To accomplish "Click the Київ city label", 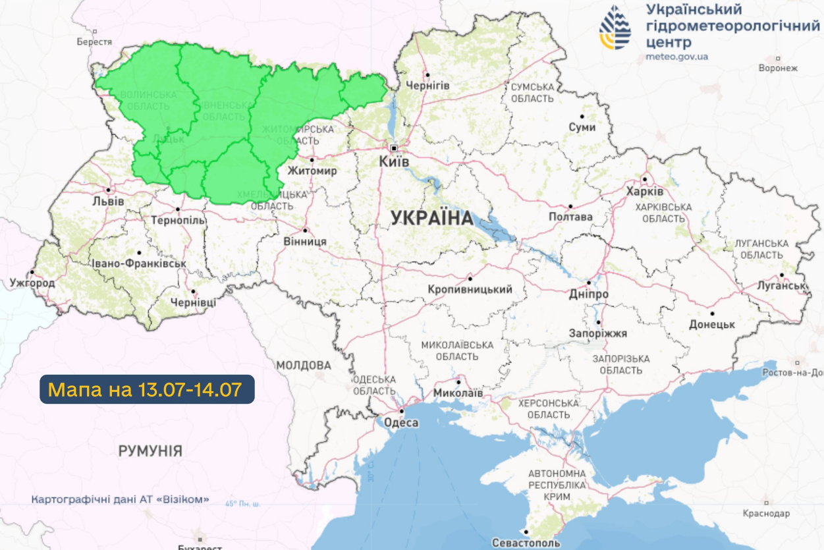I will [x=394, y=161].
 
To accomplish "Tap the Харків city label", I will [x=645, y=192].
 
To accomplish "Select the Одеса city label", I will [x=400, y=422].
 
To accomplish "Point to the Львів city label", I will [x=108, y=201].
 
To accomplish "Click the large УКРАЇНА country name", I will [x=432, y=218].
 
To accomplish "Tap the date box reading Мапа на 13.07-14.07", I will [x=147, y=389].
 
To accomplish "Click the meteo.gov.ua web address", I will [x=676, y=57].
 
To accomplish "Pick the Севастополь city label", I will [x=526, y=543].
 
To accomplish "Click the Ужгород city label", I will [x=32, y=283].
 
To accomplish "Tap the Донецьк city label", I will [x=711, y=325].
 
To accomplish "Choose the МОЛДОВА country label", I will [x=303, y=365].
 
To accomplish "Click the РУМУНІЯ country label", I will [x=150, y=451].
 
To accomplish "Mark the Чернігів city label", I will [x=427, y=86].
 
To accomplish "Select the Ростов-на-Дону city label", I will [x=792, y=373].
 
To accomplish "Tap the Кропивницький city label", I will [x=470, y=289].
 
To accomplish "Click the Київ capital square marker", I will [x=394, y=148].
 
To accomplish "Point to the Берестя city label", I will [x=94, y=41].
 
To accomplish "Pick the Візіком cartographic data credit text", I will [x=121, y=499].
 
